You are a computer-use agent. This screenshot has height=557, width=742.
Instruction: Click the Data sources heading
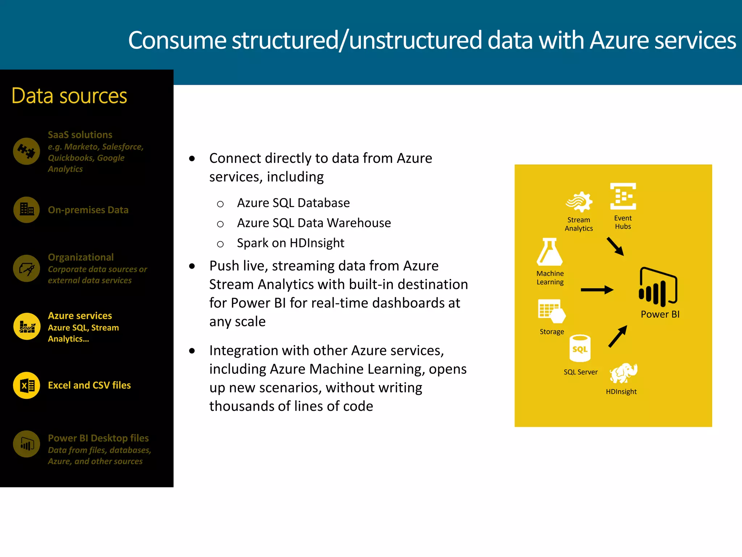69,96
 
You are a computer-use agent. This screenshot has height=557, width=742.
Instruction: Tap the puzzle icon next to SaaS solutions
26,151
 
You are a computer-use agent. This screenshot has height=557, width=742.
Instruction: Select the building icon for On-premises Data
26,210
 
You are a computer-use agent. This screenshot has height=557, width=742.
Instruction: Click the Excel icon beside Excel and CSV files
26,385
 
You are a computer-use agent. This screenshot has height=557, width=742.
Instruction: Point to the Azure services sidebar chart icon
26,326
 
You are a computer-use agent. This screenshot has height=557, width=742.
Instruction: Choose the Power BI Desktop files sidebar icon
26,444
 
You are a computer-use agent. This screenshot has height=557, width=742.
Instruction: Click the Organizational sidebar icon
26,268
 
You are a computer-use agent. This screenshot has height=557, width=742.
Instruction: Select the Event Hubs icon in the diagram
623,196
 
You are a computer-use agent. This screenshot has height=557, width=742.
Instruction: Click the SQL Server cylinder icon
580,348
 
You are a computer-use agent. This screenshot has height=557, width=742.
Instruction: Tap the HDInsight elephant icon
623,373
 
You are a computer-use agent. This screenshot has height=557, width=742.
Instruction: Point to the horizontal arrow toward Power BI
597,290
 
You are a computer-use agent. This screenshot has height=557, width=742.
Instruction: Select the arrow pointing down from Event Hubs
615,247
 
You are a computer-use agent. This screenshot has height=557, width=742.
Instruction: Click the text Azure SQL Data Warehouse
314,223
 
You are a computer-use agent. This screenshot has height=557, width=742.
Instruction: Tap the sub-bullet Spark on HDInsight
290,243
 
